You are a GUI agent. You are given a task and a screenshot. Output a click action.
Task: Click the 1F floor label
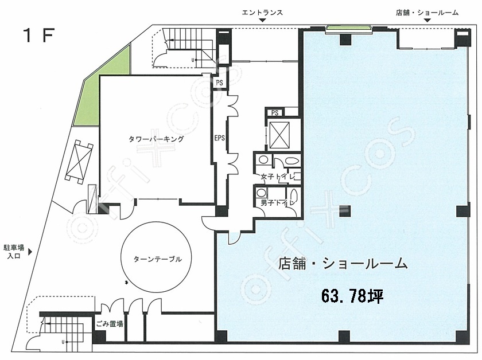pyautogui.click(x=39, y=35)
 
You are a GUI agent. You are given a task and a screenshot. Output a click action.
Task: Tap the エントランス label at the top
pyautogui.click(x=262, y=13)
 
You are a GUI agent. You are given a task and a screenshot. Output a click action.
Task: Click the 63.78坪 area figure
pyautogui.click(x=352, y=296)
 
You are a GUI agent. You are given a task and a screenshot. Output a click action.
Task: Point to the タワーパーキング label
pyautogui.click(x=156, y=139)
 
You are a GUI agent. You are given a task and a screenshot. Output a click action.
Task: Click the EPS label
pyautogui.click(x=219, y=138)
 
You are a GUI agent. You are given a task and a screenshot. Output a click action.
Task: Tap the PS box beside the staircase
pyautogui.click(x=219, y=83)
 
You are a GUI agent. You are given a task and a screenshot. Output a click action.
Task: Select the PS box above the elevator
pyautogui.click(x=275, y=113)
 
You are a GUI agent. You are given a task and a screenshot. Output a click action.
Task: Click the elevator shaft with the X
pyautogui.click(x=279, y=135)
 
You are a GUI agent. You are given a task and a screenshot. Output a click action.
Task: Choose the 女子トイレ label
pyautogui.click(x=278, y=177)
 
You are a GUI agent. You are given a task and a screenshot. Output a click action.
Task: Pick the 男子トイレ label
pyautogui.click(x=278, y=203)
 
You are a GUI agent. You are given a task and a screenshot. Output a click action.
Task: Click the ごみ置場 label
pyautogui.click(x=110, y=324)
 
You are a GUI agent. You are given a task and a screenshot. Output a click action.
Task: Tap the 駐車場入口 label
pyautogui.click(x=14, y=252)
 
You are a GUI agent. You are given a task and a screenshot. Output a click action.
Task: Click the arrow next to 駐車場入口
pyautogui.click(x=30, y=252)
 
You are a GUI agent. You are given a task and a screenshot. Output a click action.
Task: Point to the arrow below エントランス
pyautogui.click(x=262, y=20)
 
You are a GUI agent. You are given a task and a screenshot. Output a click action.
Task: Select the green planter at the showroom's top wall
pyautogui.click(x=349, y=29)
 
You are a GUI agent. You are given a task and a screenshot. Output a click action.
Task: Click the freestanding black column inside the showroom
pyautogui.click(x=345, y=211)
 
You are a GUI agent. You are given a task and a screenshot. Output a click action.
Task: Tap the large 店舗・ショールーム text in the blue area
pyautogui.click(x=343, y=264)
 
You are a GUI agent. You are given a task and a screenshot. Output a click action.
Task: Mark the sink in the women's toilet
pyautogui.click(x=263, y=159)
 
